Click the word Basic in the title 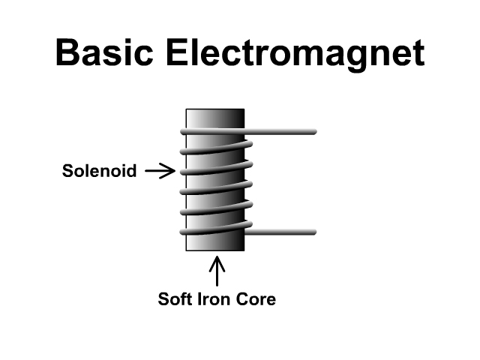coord(105,54)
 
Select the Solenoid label coord(99,172)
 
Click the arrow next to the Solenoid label coord(159,172)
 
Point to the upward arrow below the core coord(217,271)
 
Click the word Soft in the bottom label coord(175,300)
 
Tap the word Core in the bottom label coord(258,300)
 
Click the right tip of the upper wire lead coord(313,132)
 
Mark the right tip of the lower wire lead coord(313,232)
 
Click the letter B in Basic coord(69,54)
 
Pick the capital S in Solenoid coord(66,172)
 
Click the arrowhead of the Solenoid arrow coord(171,172)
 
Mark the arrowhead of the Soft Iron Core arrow coord(217,261)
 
